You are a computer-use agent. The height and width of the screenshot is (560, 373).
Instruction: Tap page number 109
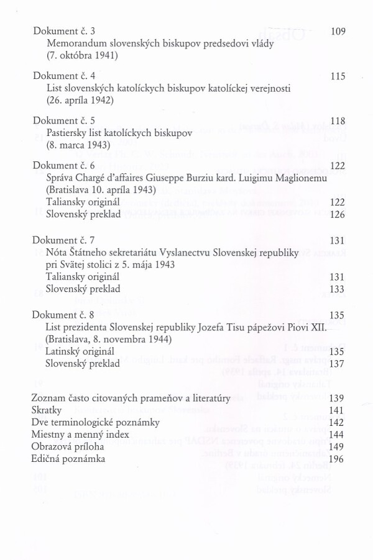[x=338, y=31]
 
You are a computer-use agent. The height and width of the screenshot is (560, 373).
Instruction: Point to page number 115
[x=338, y=76]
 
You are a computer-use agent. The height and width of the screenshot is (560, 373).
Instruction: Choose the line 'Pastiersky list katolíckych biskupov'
[x=120, y=133]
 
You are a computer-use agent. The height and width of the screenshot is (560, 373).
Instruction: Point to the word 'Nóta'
[x=57, y=252]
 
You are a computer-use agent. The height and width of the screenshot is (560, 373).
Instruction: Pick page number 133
[x=338, y=289]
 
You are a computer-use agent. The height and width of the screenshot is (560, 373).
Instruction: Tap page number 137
[x=338, y=364]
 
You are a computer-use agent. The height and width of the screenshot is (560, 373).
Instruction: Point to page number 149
[x=338, y=446]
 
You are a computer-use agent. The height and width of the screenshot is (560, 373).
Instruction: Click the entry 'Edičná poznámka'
[x=68, y=459]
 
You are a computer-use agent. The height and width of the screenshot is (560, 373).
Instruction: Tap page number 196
[x=338, y=459]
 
